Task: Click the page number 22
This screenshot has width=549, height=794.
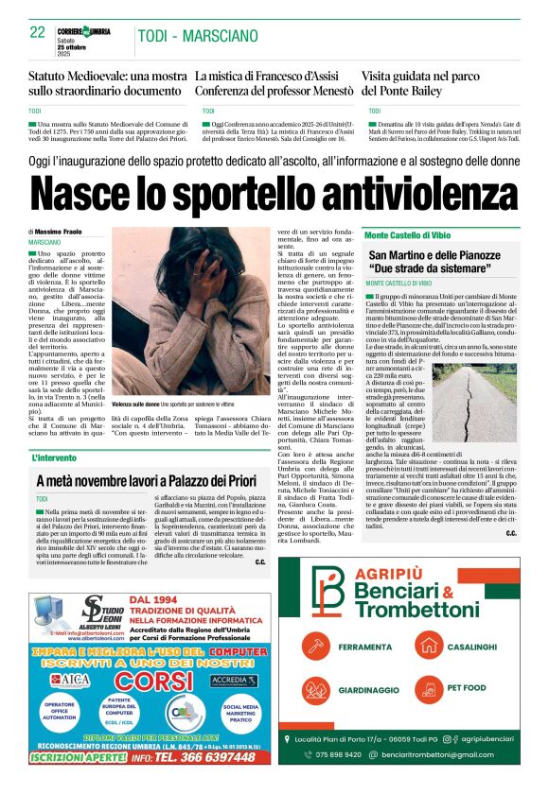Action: click(37, 32)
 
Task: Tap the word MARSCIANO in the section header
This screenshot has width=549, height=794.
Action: click(219, 36)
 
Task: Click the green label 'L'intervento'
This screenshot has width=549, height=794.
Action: click(60, 458)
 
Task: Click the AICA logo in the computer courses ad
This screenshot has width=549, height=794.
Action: click(66, 680)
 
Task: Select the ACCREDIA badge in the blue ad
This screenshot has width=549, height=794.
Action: click(232, 680)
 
